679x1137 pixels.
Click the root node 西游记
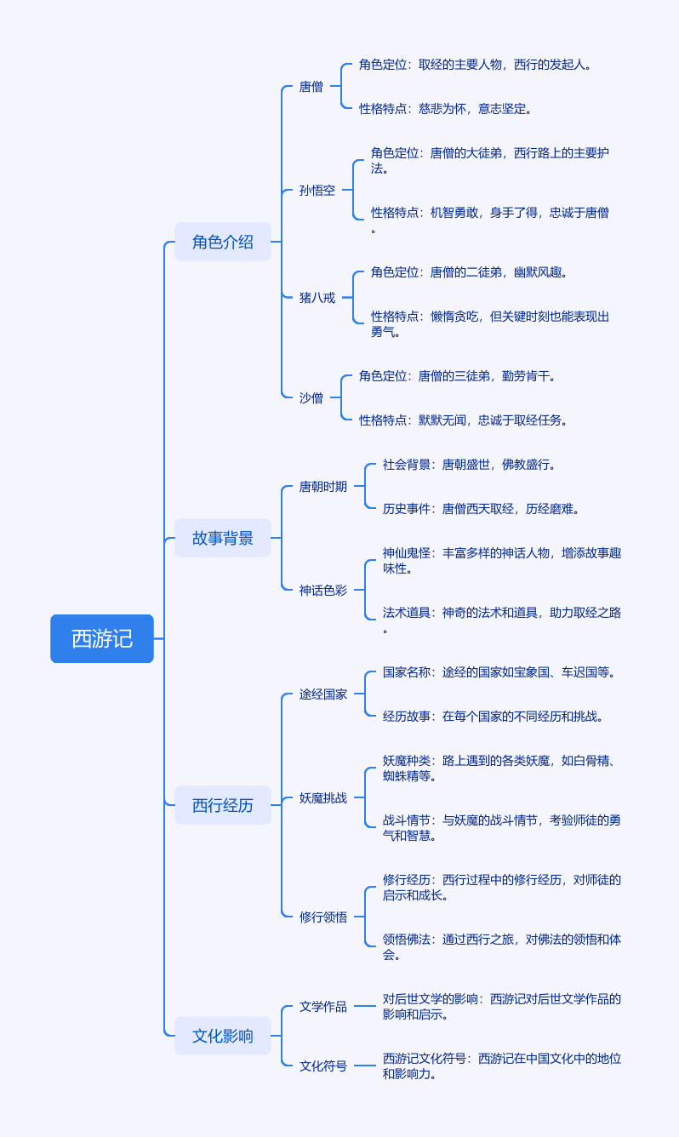pyautogui.click(x=102, y=638)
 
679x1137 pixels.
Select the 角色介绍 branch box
pyautogui.click(x=223, y=242)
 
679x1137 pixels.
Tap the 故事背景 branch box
pyautogui.click(x=223, y=538)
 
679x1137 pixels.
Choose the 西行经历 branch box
pyautogui.click(x=223, y=805)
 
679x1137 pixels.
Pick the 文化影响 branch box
pyautogui.click(x=223, y=1036)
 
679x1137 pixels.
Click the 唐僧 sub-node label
pyautogui.click(x=311, y=87)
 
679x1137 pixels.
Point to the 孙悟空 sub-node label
pyautogui.click(x=317, y=191)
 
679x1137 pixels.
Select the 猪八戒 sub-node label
pyautogui.click(x=317, y=298)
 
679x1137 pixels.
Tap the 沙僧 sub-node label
pyautogui.click(x=311, y=397)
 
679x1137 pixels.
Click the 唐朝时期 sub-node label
pyautogui.click(x=323, y=487)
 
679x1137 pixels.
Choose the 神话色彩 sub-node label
pyautogui.click(x=323, y=590)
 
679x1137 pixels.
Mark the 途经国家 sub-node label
pyautogui.click(x=323, y=694)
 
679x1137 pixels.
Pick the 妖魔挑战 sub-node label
pyautogui.click(x=323, y=798)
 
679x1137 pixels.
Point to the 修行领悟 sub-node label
pyautogui.click(x=323, y=917)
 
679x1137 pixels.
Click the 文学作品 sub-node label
pyautogui.click(x=323, y=1007)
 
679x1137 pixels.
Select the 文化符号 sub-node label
pyautogui.click(x=323, y=1066)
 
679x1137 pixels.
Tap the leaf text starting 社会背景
pyautogui.click(x=469, y=465)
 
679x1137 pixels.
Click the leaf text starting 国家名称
pyautogui.click(x=499, y=672)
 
